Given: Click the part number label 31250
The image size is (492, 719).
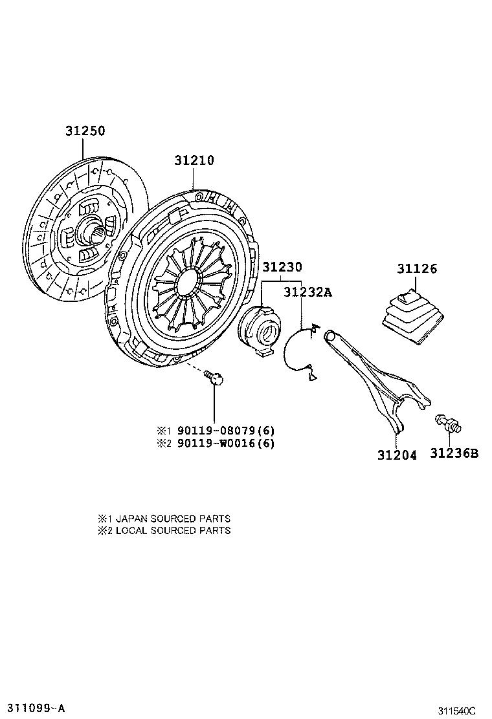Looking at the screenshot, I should pos(84,131).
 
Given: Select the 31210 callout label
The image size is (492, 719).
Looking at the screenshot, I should pos(194,160).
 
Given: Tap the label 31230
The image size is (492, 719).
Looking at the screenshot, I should pos(282,266).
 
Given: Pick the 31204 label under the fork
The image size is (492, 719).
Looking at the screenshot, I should pos(397,455).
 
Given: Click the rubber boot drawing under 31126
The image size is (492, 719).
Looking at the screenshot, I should pos(411,317).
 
